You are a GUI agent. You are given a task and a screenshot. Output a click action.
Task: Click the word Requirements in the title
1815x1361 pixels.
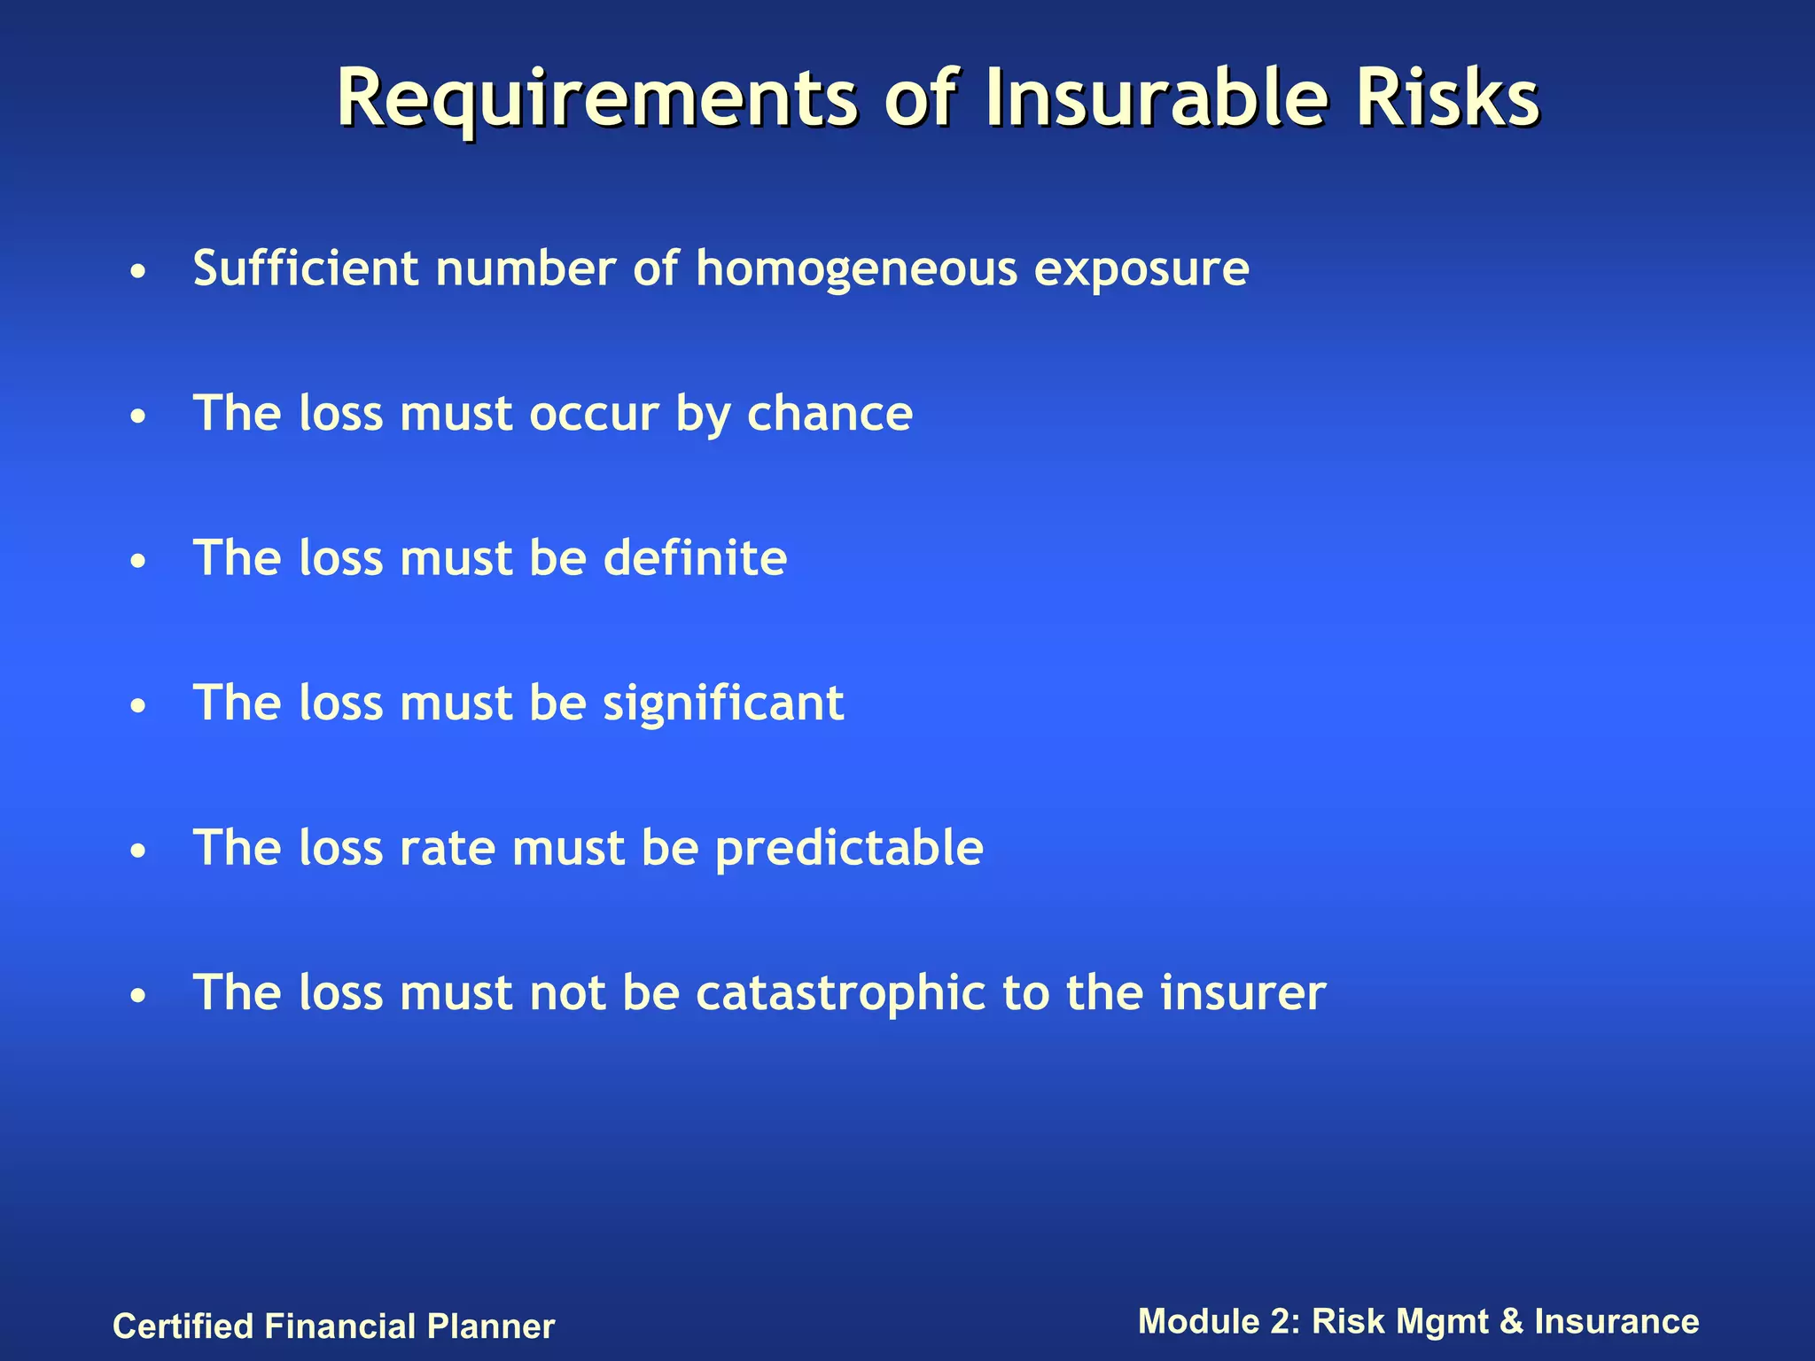596,99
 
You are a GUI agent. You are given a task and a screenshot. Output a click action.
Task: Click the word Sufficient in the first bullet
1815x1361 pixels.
306,268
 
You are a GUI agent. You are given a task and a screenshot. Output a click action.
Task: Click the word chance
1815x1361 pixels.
830,414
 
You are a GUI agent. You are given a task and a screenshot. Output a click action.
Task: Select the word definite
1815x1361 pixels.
695,558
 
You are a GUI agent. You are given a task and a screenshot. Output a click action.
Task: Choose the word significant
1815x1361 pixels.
723,704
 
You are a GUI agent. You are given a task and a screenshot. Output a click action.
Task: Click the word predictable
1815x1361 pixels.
849,849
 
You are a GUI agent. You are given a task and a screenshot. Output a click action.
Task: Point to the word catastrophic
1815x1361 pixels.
840,993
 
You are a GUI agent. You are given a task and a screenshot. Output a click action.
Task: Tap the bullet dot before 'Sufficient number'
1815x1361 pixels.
136,272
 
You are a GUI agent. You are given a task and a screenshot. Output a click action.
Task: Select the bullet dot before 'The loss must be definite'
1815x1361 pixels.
136,562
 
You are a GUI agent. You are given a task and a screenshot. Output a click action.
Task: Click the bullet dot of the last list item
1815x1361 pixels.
136,997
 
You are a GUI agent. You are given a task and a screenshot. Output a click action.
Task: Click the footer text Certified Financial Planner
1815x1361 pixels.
333,1326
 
